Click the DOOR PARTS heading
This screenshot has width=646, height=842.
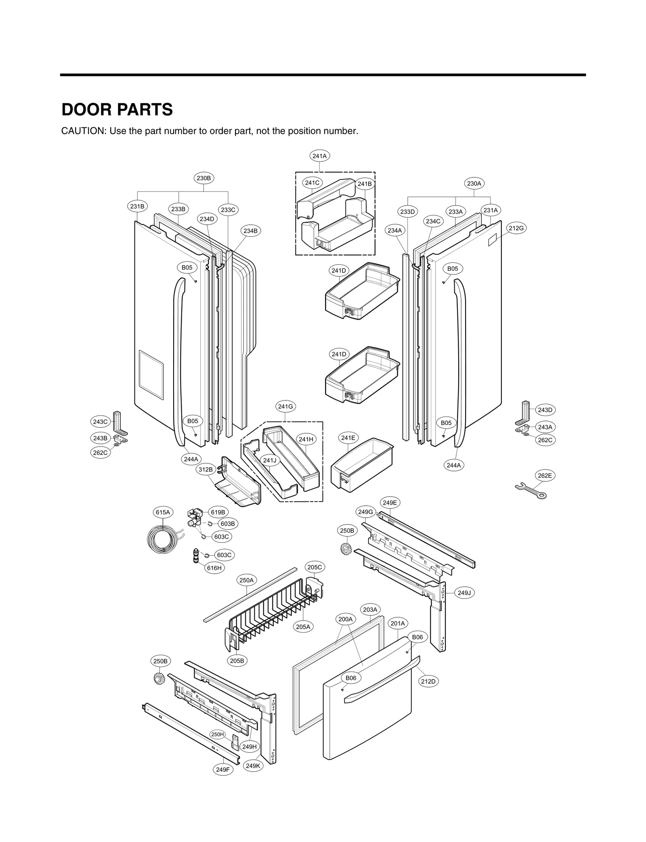(x=117, y=109)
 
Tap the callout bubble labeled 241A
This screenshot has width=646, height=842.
(x=319, y=156)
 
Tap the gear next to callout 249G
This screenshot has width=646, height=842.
(x=346, y=548)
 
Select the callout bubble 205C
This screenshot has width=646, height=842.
(x=315, y=567)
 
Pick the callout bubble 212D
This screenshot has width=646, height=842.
(x=428, y=681)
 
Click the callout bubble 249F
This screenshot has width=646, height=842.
(x=222, y=769)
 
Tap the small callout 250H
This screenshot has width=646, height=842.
(x=218, y=734)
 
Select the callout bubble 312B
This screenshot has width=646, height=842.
(x=205, y=469)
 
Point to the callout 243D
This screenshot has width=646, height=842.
(x=545, y=410)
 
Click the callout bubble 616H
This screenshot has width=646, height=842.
(x=214, y=568)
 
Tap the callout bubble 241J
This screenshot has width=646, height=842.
(x=269, y=460)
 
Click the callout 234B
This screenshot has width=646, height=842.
(x=250, y=231)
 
